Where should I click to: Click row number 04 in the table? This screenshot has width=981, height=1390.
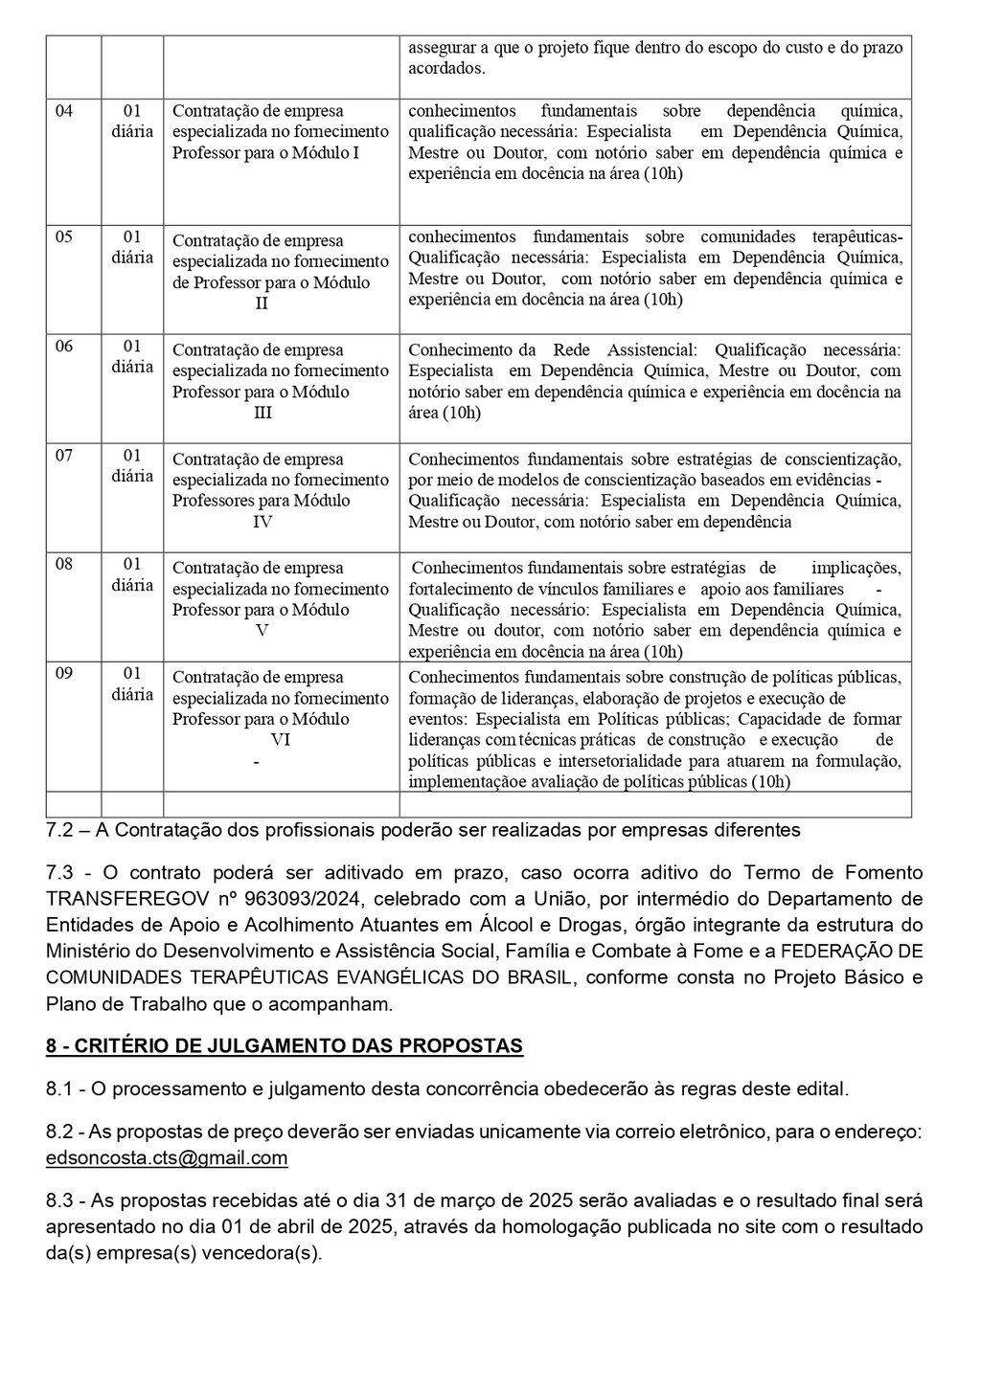(x=64, y=110)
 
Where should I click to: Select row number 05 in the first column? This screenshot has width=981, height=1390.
(x=64, y=236)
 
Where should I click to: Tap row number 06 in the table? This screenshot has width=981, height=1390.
(x=64, y=346)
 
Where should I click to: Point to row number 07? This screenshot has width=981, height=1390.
(x=64, y=455)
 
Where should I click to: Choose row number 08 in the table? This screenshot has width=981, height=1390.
(x=64, y=564)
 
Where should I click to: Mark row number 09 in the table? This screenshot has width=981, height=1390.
(x=64, y=673)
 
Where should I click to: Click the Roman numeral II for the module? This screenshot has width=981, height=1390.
(x=262, y=303)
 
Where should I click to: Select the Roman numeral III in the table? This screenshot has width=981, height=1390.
(x=262, y=413)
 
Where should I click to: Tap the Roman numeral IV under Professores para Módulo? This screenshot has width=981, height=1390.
(x=262, y=522)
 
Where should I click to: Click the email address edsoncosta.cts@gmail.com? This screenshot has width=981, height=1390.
(x=167, y=1158)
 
